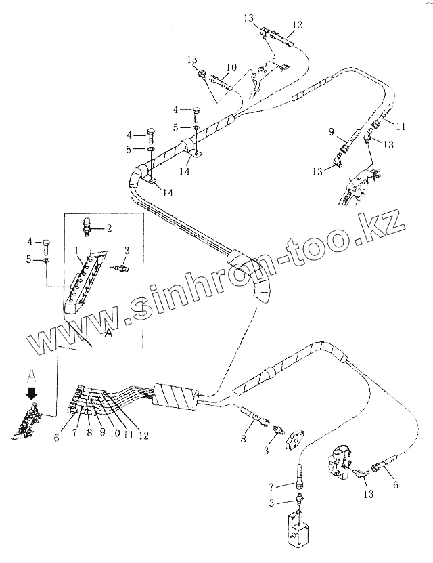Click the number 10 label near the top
tap(231, 68)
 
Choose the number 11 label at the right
tap(401, 127)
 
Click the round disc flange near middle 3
tap(296, 441)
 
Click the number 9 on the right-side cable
tap(332, 131)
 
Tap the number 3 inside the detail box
tap(128, 252)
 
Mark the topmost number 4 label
tap(175, 109)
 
